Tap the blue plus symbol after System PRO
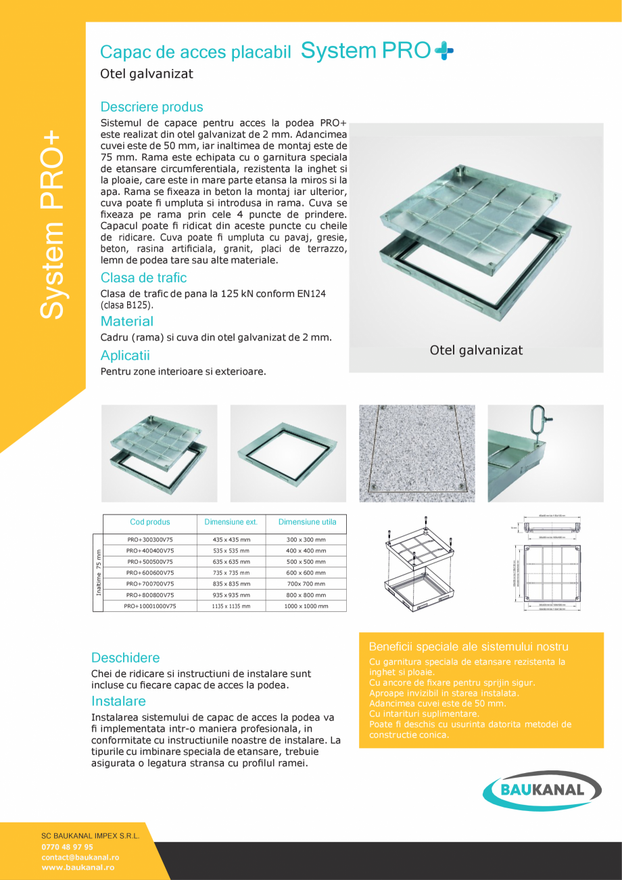[444, 51]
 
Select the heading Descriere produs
[151, 107]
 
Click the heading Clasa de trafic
[143, 278]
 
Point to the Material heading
[126, 322]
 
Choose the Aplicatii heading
[125, 355]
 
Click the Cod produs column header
[150, 523]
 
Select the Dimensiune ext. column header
[231, 523]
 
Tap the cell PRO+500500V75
[150, 562]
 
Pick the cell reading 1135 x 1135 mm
[231, 607]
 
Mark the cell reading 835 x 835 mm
[231, 584]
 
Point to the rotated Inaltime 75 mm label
[98, 572]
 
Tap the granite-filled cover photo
[416, 453]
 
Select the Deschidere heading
[126, 658]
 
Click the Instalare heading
[118, 701]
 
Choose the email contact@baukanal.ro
[78, 857]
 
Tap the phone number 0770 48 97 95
[68, 847]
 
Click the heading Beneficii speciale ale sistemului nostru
[469, 647]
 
